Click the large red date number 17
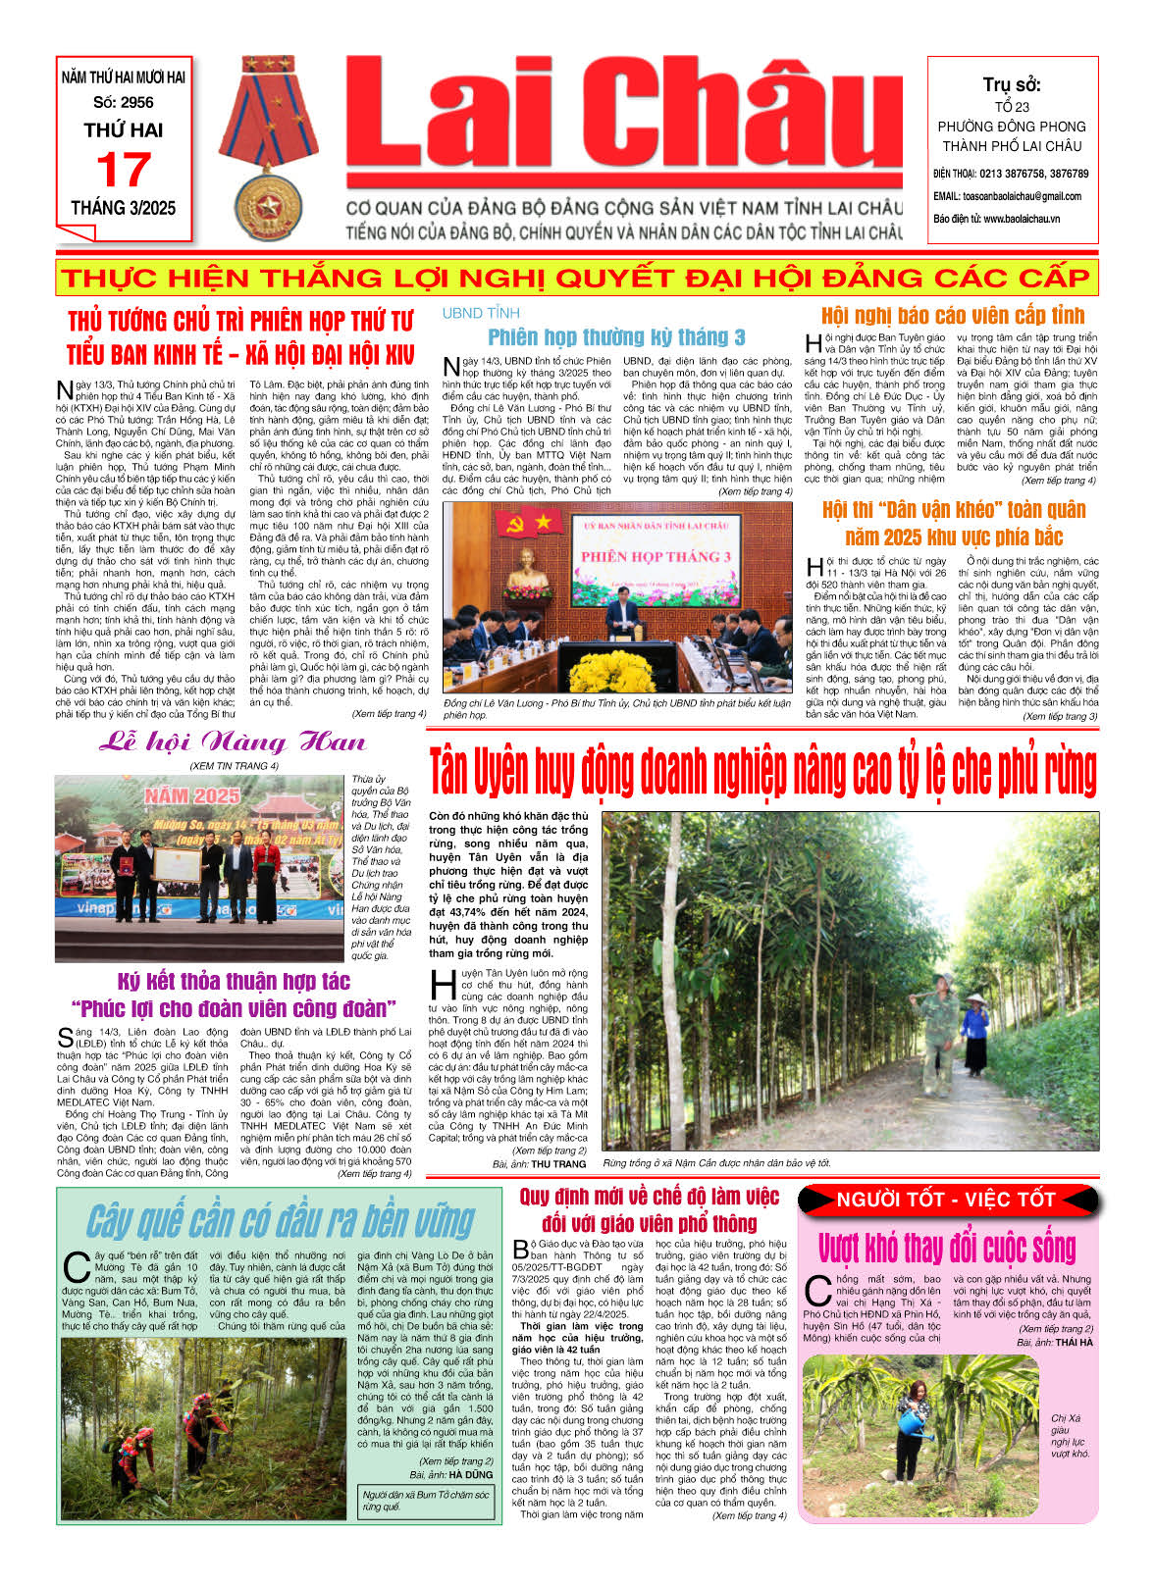point(123,172)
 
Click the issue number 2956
point(124,102)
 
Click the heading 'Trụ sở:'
point(1012,85)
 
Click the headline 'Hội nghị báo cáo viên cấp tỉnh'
point(953,316)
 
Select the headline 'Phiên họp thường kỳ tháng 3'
point(616,337)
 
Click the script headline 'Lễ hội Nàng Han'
point(233,742)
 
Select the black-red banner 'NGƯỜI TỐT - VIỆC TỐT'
point(946,1200)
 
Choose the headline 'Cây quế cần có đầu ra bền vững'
point(281,1221)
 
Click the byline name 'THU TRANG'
point(558,1164)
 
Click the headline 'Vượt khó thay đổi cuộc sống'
point(947,1249)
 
